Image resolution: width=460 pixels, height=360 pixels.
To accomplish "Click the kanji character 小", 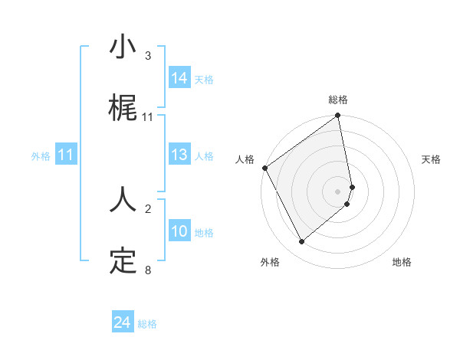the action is click(x=123, y=47).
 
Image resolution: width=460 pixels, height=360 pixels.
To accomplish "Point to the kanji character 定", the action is click(x=123, y=260).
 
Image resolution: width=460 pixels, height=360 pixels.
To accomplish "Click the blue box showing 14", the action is click(x=179, y=77).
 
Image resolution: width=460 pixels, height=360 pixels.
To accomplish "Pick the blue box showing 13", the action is click(x=179, y=155).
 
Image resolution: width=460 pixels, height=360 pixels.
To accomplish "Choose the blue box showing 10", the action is click(x=179, y=231).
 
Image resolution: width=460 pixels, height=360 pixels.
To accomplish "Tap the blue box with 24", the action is click(x=122, y=323).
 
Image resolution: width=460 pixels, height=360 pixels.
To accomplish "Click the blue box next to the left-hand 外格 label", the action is click(x=66, y=155).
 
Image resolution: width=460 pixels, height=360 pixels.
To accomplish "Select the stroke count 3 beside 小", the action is click(x=148, y=56).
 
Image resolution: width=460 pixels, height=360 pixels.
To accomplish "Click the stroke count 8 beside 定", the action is click(x=148, y=270).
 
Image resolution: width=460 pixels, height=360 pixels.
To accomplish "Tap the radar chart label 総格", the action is click(x=338, y=100).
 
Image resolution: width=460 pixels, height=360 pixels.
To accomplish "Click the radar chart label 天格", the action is click(x=431, y=159).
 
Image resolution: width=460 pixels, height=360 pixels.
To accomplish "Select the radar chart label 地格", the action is click(x=402, y=263).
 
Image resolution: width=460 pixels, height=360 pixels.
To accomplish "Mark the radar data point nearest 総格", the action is click(x=338, y=116).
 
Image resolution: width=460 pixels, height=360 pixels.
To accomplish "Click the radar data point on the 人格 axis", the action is click(x=264, y=168).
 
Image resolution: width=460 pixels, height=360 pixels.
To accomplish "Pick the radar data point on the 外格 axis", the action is click(x=302, y=241).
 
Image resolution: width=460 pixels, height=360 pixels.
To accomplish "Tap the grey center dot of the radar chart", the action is click(x=338, y=191).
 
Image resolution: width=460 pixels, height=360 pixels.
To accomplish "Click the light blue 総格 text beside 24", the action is click(x=147, y=324).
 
